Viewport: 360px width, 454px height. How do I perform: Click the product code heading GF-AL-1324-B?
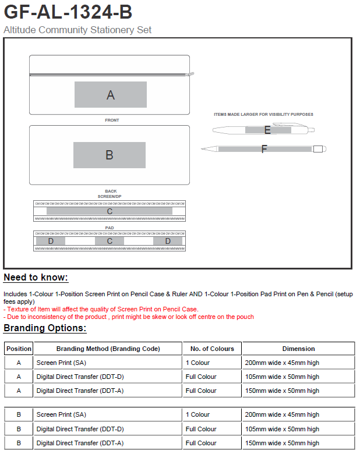68,12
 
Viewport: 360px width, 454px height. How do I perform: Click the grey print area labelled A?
111,95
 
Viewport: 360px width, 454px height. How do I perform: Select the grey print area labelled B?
110,155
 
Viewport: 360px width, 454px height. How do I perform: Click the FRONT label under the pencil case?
112,120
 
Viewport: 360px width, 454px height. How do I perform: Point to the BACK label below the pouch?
110,191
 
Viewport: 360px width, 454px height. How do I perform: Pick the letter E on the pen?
267,130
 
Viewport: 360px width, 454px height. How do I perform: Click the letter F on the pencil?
264,149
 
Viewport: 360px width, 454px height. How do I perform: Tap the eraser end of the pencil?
319,149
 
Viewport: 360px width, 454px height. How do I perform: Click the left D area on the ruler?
51,241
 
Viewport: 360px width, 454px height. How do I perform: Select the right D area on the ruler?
168,241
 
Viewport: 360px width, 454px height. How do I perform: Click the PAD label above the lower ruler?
110,228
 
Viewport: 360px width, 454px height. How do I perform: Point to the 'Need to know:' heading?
36,278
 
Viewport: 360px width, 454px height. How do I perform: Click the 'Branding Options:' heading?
45,328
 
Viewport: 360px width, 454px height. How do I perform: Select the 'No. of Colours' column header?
212,349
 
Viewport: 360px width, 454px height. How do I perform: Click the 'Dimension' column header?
298,349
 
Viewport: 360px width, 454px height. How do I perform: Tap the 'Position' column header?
19,349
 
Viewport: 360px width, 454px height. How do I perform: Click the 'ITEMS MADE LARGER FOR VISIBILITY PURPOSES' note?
263,115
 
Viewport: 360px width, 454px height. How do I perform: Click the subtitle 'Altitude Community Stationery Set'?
77,30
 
